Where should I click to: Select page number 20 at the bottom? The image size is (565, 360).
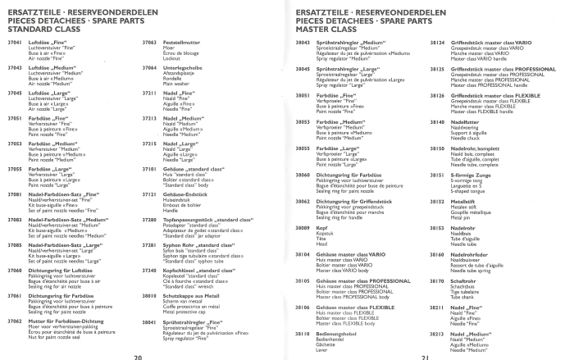(139, 357)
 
